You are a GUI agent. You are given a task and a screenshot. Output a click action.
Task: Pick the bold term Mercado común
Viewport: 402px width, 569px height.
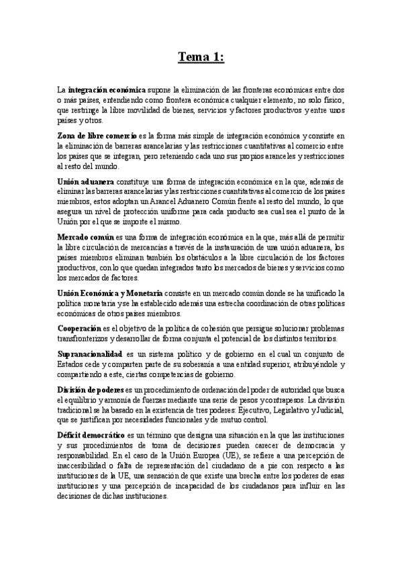click(x=86, y=238)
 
